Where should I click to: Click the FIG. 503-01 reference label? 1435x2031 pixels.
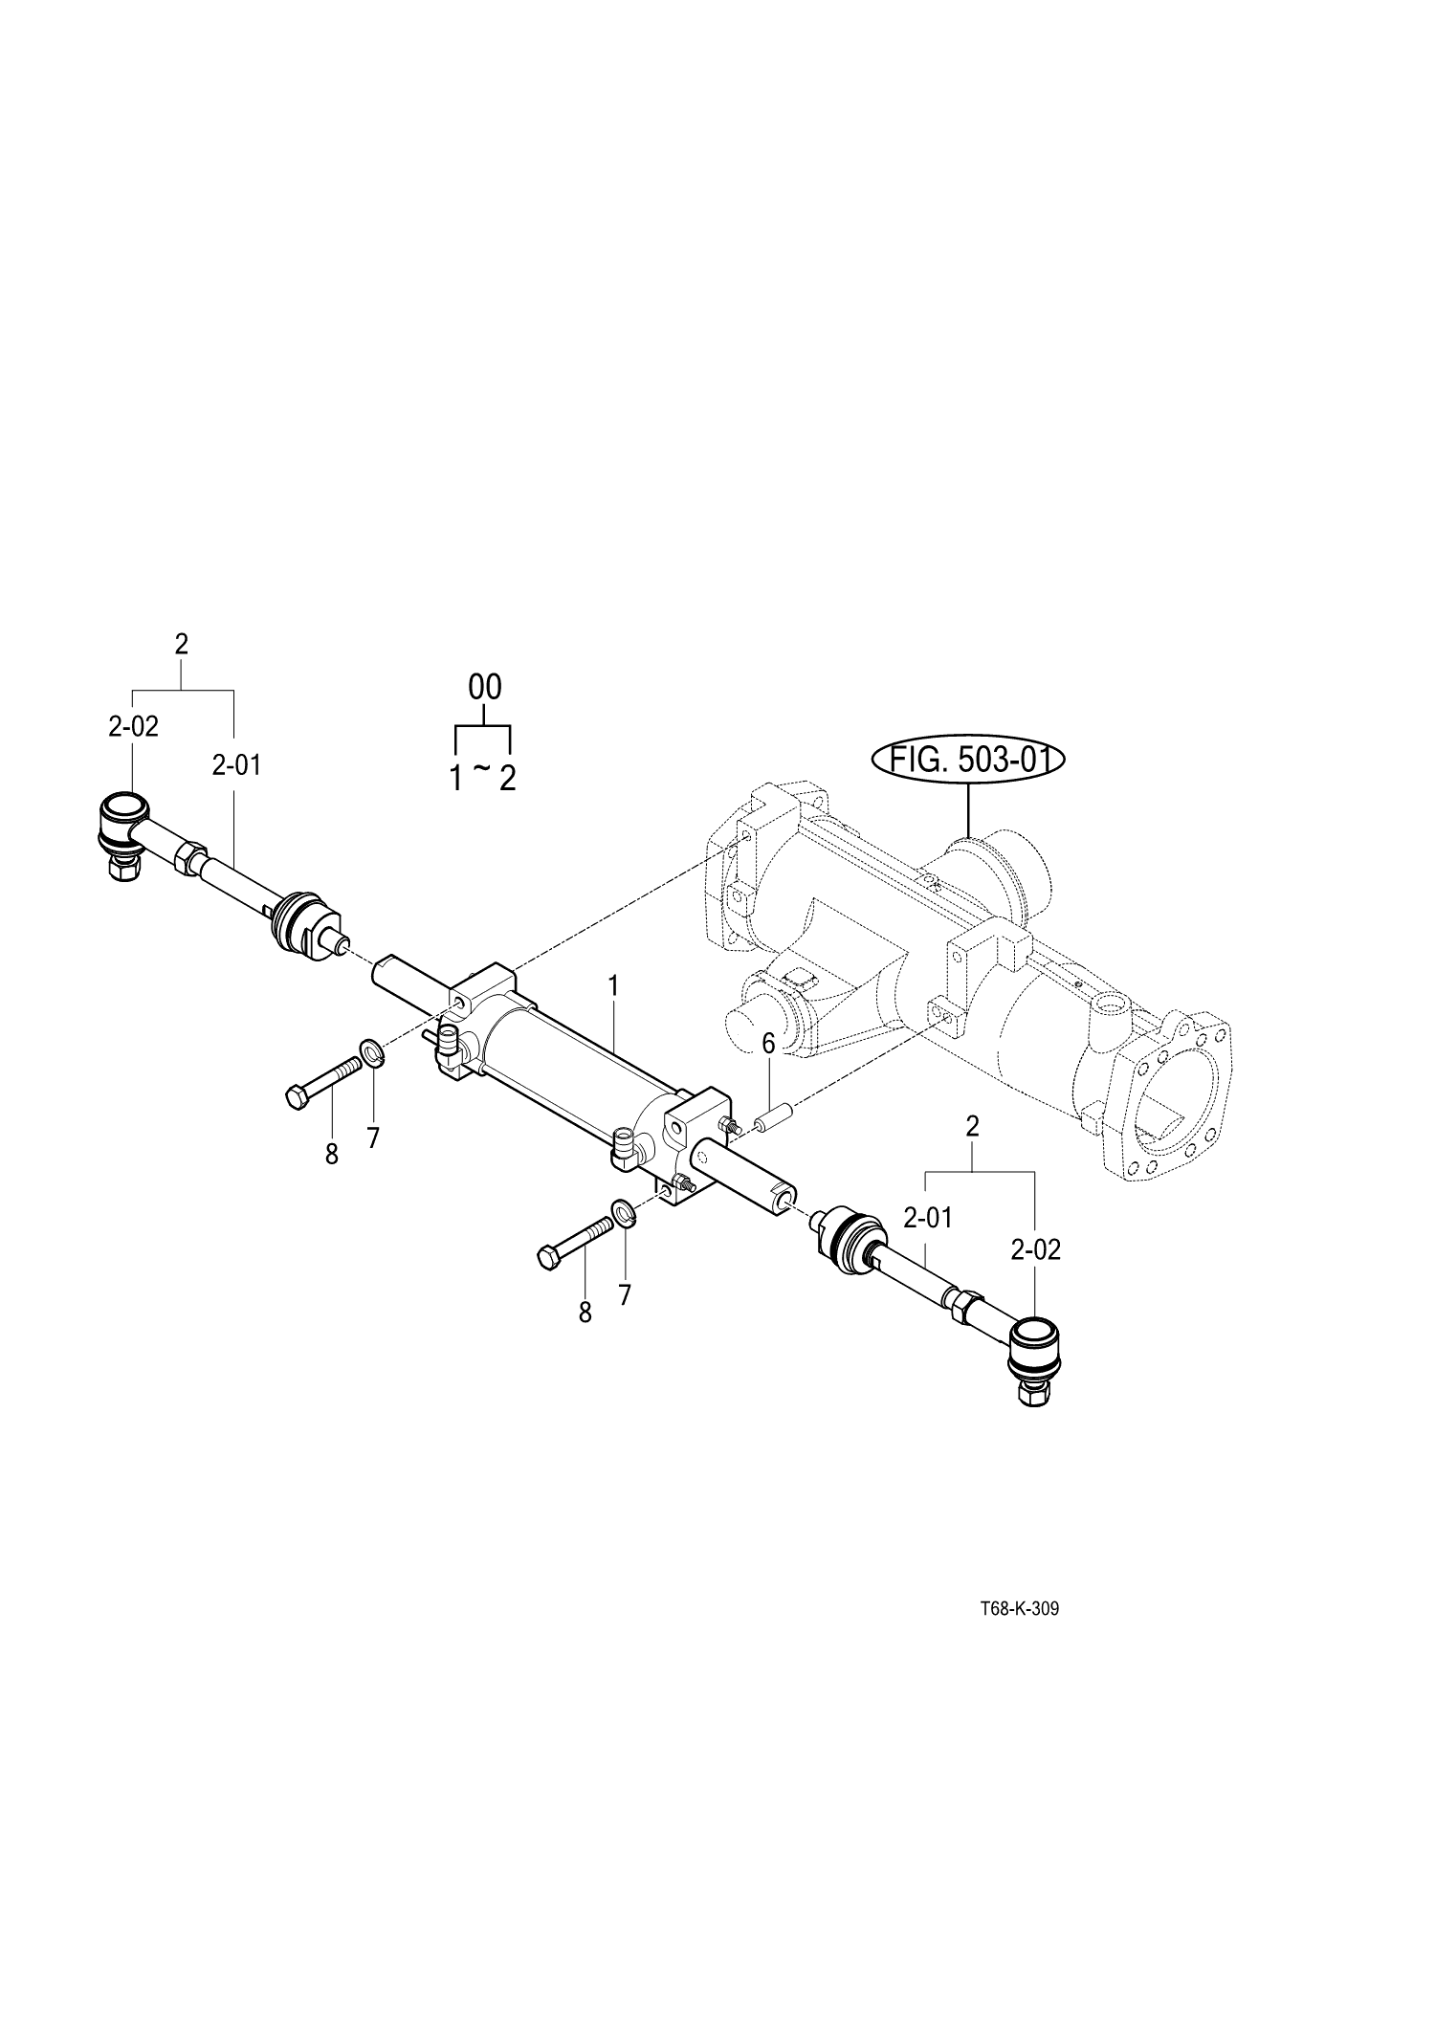(968, 761)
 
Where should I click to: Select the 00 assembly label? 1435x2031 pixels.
(484, 687)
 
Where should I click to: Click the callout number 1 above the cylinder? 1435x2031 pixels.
(614, 985)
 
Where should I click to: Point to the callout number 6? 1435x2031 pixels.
(767, 1042)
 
